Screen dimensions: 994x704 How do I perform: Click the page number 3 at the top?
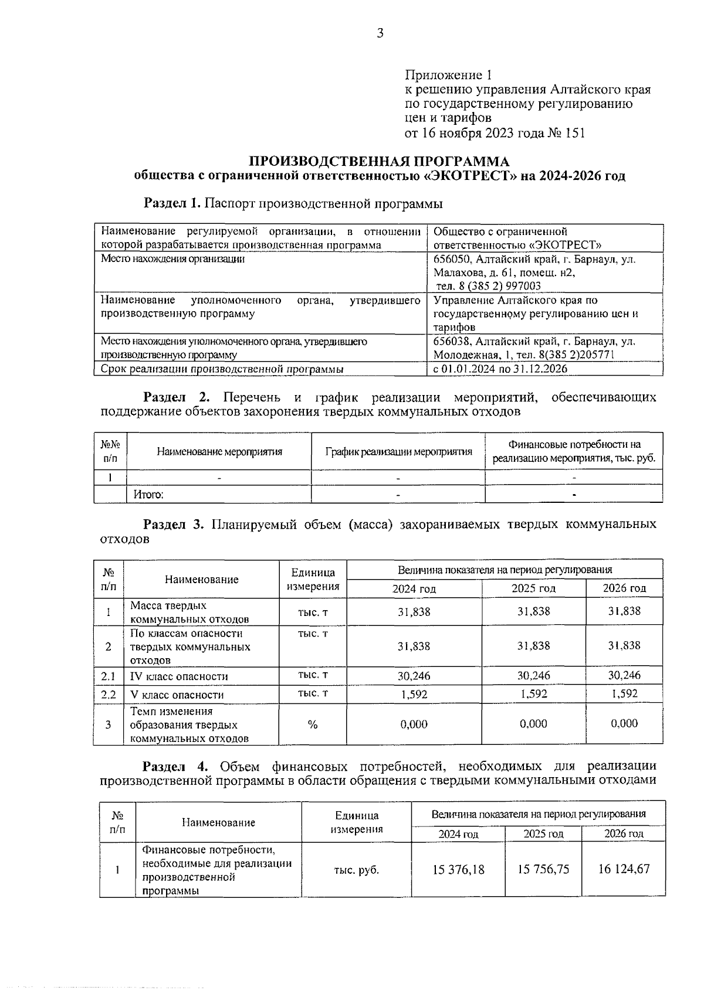(x=380, y=33)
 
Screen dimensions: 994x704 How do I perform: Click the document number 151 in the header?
(x=575, y=133)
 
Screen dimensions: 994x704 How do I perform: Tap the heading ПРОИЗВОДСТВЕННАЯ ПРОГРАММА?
(x=380, y=161)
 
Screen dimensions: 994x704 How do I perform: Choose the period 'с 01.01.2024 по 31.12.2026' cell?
(x=500, y=369)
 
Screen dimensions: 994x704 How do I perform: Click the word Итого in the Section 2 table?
(x=148, y=495)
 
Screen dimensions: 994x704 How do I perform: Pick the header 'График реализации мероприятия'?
(x=398, y=451)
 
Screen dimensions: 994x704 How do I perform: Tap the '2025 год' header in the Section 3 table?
(x=533, y=588)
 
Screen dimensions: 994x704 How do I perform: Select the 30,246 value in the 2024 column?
(x=414, y=676)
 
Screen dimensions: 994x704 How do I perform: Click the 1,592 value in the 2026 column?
(x=624, y=693)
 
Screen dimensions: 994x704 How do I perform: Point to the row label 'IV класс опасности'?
(x=179, y=676)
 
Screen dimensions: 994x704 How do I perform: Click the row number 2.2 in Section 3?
(x=109, y=695)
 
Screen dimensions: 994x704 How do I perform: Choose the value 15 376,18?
(x=458, y=870)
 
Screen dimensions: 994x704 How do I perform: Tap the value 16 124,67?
(x=624, y=869)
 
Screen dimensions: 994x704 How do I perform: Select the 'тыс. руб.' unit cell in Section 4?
(x=356, y=870)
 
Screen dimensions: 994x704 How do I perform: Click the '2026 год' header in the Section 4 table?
(x=624, y=833)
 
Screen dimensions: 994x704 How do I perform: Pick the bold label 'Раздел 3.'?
(x=174, y=524)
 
